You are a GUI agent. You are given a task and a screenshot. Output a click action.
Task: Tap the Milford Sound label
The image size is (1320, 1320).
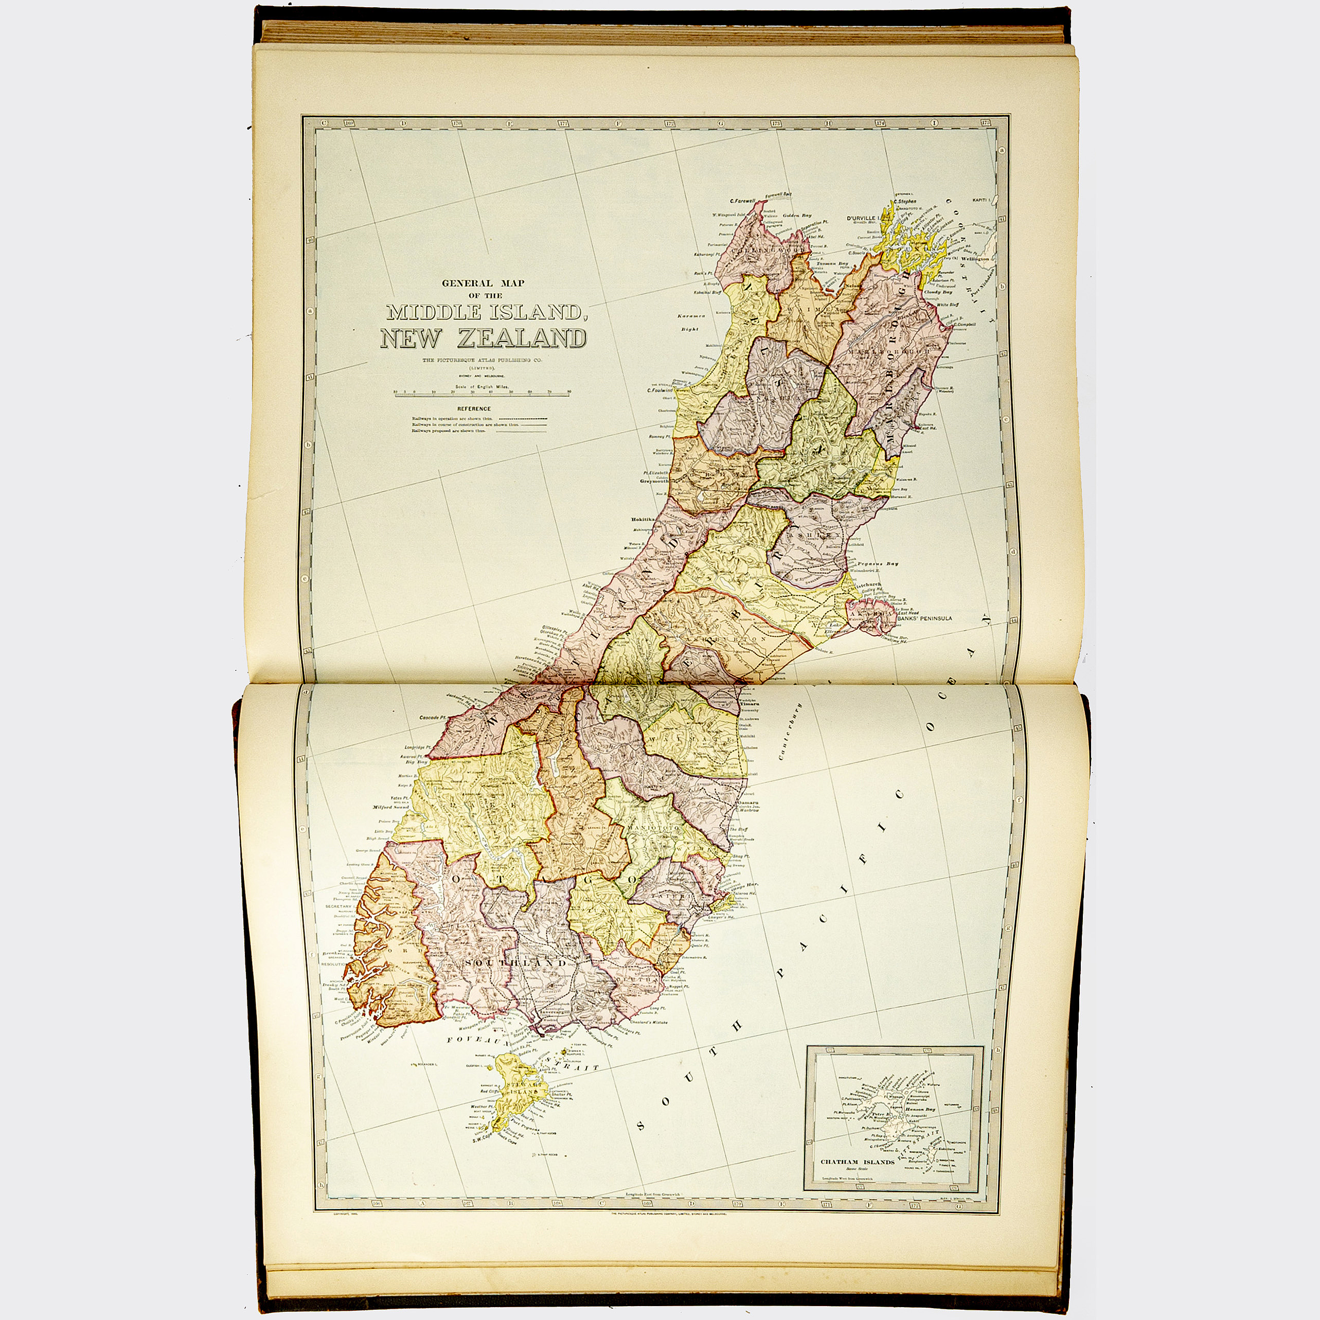pos(391,807)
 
